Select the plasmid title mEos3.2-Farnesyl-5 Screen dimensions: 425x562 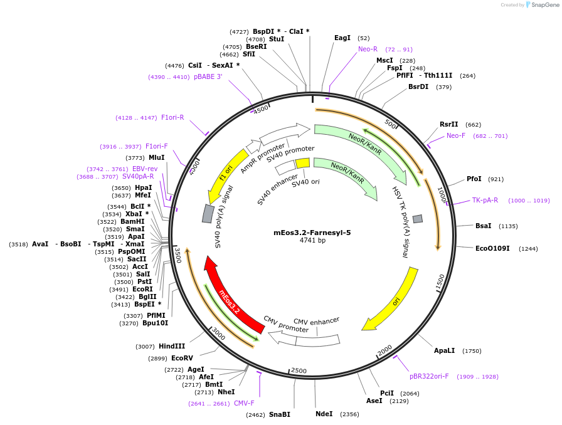312,233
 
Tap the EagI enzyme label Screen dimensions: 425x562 342,38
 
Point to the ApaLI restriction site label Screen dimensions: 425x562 443,351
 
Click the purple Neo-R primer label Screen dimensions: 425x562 368,50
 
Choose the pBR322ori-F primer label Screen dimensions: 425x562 429,377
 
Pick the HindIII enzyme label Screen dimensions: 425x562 171,347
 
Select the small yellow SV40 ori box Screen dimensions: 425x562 302,163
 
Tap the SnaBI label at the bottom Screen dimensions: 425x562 280,415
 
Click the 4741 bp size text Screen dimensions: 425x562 312,241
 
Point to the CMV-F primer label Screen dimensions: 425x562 244,404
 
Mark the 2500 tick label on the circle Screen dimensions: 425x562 299,371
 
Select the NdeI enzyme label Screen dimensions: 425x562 324,414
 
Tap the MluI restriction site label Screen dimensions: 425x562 156,158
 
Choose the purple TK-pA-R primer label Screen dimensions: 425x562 485,201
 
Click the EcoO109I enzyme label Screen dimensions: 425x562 492,249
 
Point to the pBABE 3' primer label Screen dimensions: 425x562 208,77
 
